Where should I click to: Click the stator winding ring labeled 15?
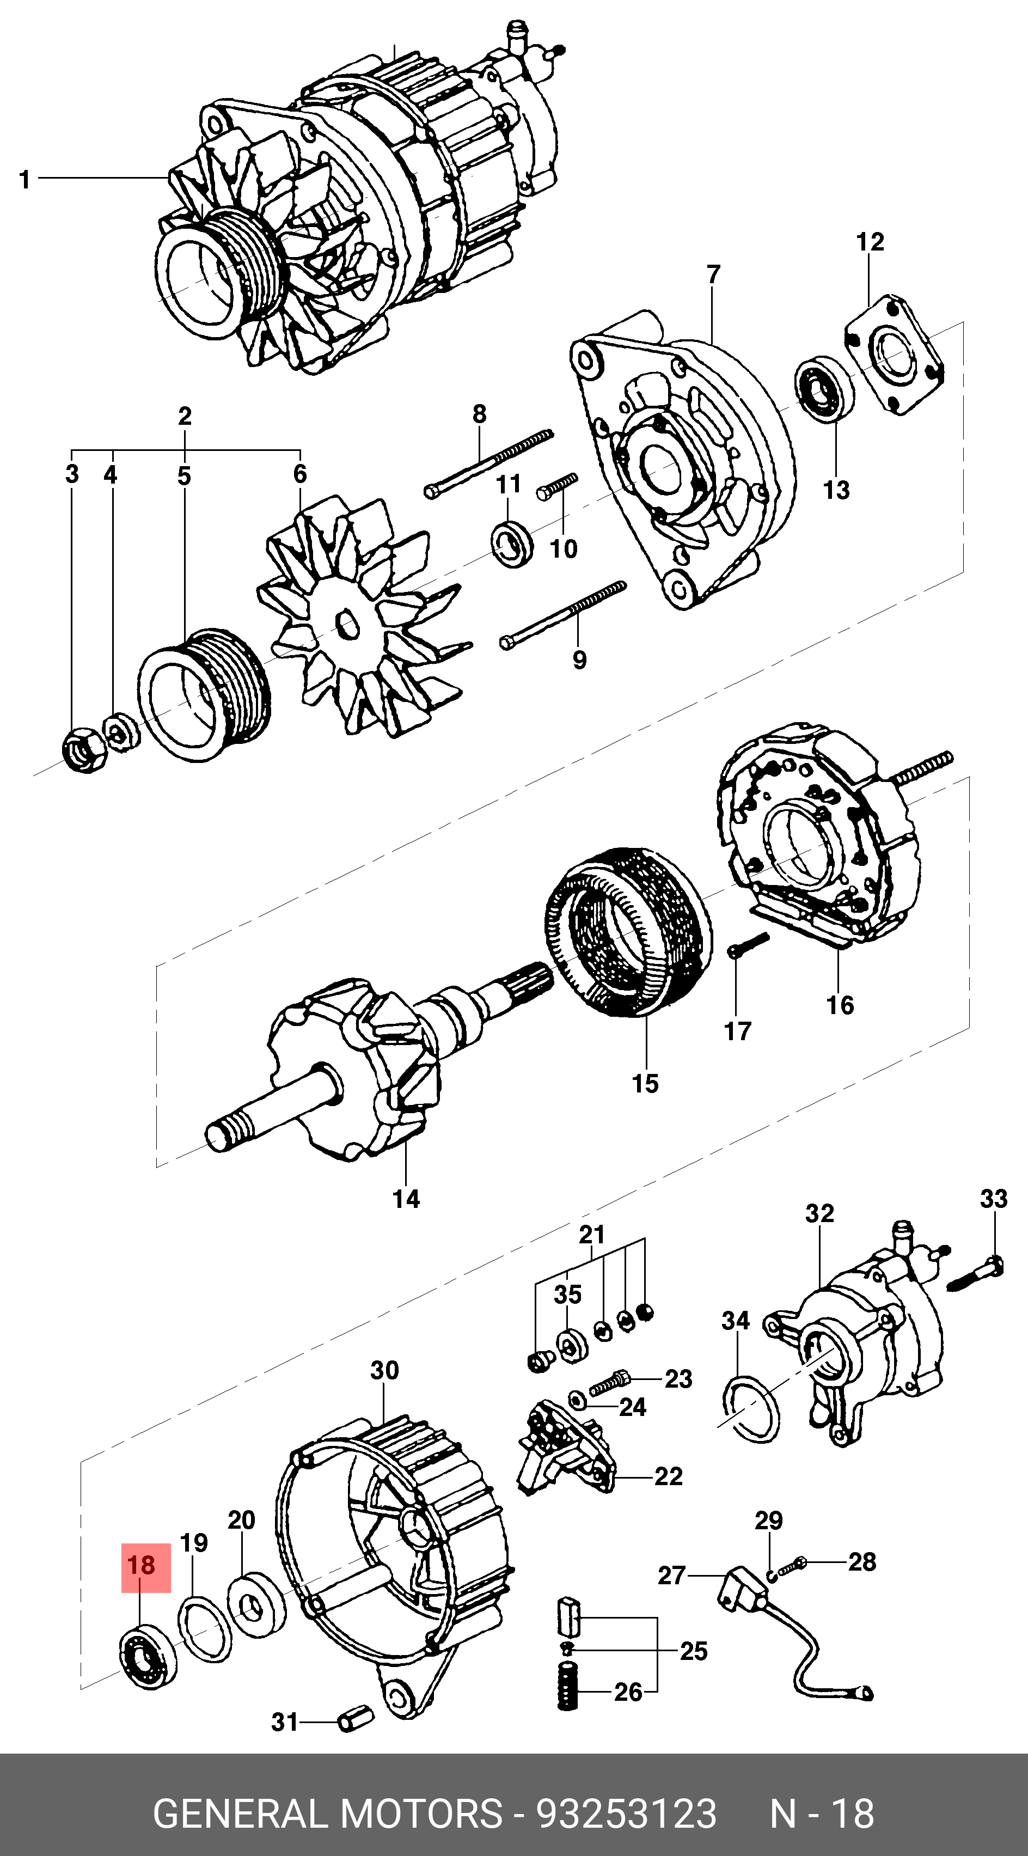point(627,930)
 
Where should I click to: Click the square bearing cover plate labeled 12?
point(894,353)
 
